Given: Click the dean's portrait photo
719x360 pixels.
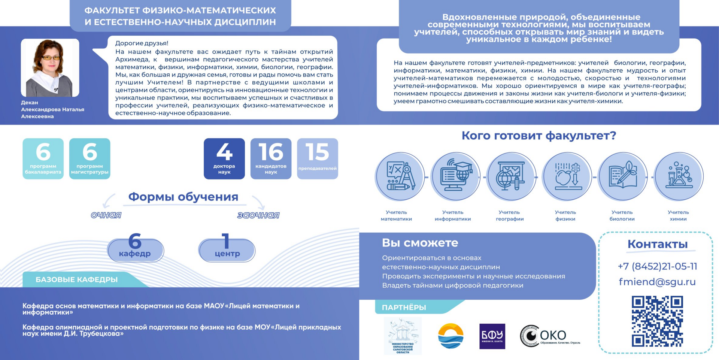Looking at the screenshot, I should (50, 68).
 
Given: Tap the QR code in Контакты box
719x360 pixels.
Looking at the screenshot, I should (657, 321).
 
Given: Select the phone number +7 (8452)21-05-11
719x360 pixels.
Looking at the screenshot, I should (657, 266).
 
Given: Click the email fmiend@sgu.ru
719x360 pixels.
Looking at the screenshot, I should (657, 282).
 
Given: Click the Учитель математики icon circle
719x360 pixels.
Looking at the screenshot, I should (400, 176).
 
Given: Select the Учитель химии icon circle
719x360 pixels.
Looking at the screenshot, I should (679, 176).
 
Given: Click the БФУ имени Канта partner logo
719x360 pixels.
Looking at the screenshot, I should (492, 336).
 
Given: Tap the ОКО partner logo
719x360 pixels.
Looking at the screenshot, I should (549, 336).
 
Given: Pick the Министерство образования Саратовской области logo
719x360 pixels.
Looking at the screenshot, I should (403, 336).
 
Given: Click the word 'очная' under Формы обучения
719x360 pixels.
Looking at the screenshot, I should (106, 215).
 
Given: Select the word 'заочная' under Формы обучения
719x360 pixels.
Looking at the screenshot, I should (258, 215).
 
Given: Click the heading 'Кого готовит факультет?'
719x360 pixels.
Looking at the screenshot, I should (539, 136).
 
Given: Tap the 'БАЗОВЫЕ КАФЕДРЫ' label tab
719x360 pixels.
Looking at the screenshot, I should (77, 279).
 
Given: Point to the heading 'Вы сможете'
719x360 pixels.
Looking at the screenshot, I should (420, 243).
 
